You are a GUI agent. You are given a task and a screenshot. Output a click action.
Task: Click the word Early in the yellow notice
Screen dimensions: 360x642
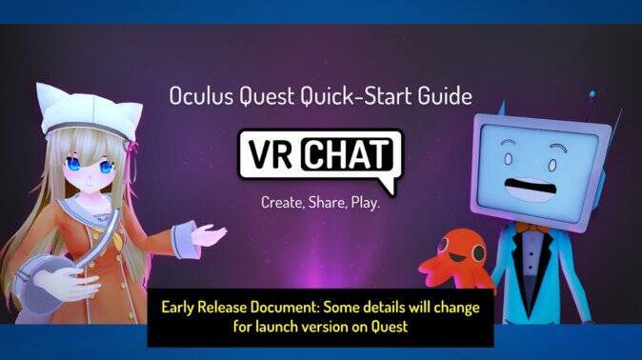[180, 309]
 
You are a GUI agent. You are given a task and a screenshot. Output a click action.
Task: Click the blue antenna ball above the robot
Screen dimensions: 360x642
[592, 95]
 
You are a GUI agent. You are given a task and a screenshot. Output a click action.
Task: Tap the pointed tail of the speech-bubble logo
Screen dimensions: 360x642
[385, 186]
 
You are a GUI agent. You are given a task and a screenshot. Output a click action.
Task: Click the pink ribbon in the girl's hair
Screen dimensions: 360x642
[130, 150]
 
